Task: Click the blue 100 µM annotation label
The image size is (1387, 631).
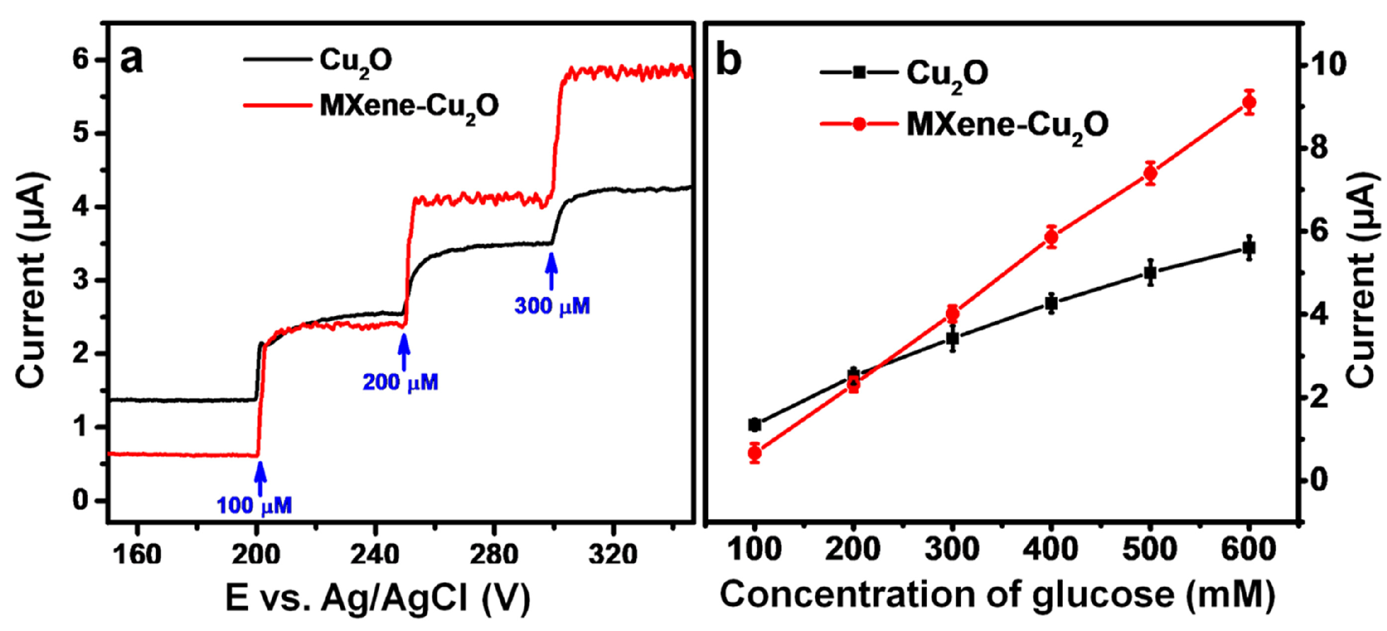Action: coord(254,505)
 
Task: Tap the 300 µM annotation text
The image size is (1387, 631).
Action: coord(551,306)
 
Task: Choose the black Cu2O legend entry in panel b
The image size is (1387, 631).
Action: coord(904,72)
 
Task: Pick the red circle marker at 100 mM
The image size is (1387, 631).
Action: coord(755,453)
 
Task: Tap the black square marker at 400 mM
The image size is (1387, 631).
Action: coord(1051,303)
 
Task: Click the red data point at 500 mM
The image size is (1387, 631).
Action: coord(1150,173)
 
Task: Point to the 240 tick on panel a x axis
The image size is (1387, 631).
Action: coord(375,554)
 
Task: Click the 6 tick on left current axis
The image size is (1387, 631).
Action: coord(81,59)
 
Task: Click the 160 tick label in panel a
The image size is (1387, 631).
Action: coord(136,554)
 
